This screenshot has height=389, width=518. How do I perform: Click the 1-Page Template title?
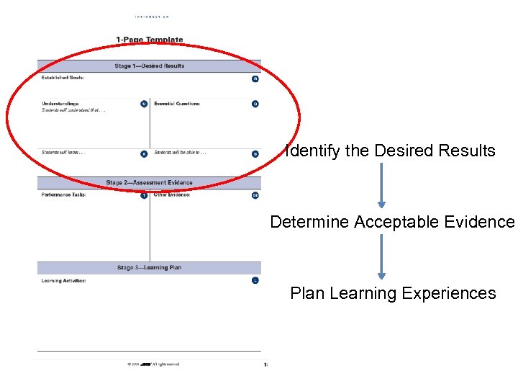150,40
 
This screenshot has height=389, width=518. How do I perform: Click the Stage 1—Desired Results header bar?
150,66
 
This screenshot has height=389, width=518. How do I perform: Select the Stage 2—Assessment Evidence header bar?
150,183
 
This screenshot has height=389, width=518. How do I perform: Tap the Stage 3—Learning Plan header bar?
150,268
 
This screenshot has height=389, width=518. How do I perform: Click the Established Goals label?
63,78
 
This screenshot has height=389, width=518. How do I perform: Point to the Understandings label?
60,104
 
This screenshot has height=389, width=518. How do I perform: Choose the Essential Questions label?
177,104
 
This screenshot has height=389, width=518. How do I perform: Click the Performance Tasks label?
64,195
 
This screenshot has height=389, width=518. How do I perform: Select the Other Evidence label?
172,195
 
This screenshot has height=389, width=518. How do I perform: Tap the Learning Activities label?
64,280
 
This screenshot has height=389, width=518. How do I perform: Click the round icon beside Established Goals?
255,79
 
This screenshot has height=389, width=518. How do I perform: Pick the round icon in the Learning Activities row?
255,280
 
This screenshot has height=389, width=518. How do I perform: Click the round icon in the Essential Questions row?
255,104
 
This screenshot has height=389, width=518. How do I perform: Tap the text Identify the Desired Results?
391,151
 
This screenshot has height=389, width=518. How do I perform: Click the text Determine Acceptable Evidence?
393,222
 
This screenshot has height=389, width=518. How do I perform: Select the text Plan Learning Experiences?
393,293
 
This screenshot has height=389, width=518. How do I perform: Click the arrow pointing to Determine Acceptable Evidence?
381,185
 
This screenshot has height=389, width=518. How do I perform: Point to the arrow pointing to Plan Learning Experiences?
381,256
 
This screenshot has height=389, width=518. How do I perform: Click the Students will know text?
63,153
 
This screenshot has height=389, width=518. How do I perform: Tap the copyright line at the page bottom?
153,364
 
